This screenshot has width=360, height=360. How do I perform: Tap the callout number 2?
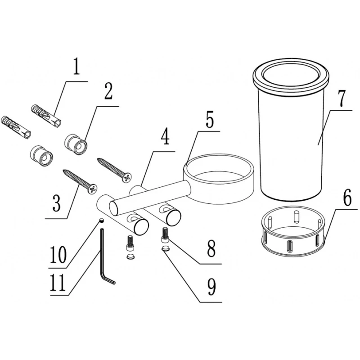[x=109, y=91]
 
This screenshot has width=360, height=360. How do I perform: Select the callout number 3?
[x=57, y=203]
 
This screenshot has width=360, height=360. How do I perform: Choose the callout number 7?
[x=340, y=99]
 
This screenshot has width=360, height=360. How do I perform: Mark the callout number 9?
[x=211, y=287]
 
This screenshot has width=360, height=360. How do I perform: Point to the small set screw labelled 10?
[x=101, y=220]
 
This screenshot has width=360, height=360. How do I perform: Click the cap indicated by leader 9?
[x=165, y=248]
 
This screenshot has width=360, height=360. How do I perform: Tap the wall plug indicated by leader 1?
[x=46, y=116]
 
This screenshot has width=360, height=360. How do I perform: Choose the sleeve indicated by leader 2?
[x=76, y=144]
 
